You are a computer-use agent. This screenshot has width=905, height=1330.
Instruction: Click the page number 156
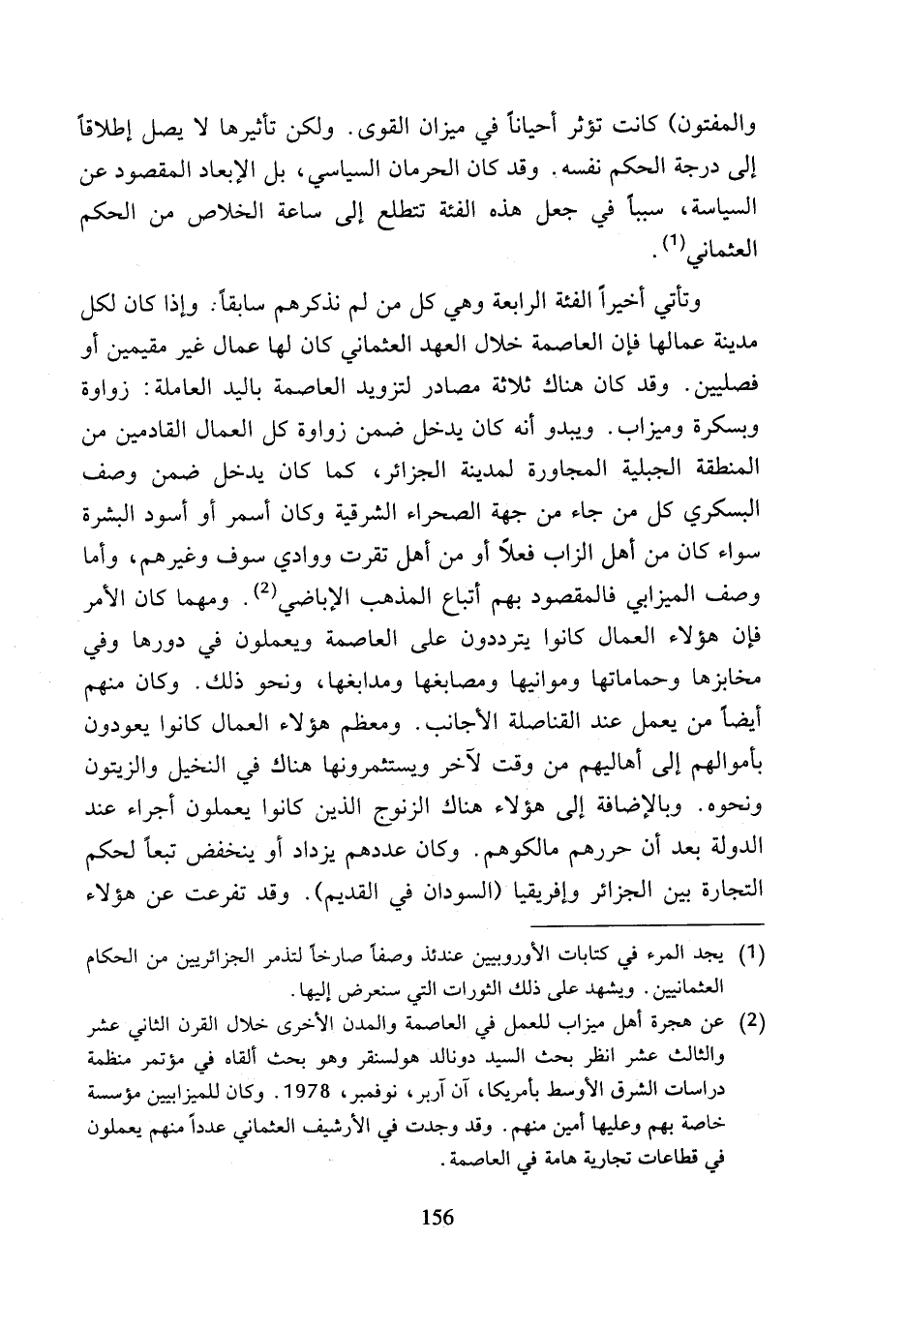438,1218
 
